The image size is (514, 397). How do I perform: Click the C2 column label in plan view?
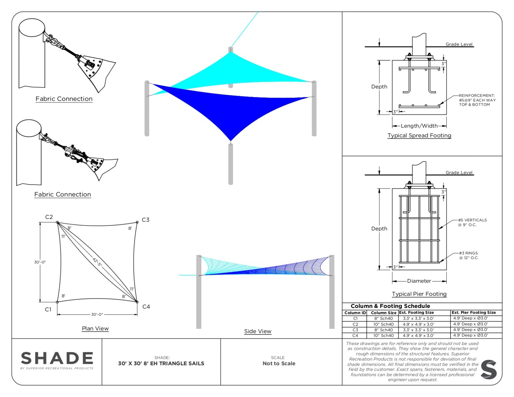[49, 217]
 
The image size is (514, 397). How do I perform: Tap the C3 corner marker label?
[146, 220]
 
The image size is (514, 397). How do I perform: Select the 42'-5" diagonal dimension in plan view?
[97, 262]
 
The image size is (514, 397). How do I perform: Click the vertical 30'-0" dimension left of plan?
[40, 262]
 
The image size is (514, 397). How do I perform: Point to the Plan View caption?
[95, 328]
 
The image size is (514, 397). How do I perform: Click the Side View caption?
[258, 331]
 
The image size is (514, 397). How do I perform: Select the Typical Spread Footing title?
[419, 135]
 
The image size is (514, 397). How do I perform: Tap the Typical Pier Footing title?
[419, 294]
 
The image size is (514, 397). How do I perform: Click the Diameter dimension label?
[419, 281]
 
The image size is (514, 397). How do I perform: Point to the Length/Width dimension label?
[419, 126]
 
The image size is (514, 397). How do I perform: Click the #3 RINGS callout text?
[468, 256]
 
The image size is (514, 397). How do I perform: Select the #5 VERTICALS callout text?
[472, 222]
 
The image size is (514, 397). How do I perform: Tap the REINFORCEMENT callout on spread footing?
[477, 100]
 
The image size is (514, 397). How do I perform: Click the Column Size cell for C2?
[383, 324]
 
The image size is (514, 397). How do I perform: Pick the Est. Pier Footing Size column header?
[474, 312]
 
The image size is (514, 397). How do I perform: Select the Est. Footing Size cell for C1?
[418, 318]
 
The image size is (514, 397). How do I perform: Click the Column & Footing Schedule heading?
[390, 306]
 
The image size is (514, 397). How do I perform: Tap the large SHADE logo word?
[57, 359]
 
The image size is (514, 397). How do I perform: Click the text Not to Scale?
[279, 364]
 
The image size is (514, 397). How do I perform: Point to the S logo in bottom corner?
[489, 370]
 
